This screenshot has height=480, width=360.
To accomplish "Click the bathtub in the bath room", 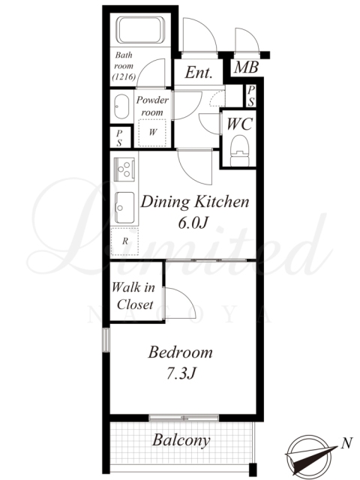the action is (x=142, y=30).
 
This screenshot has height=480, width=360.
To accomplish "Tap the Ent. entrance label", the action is (x=199, y=73).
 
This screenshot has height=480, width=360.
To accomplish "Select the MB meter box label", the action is (x=247, y=67).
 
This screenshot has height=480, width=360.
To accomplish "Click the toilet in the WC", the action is (x=240, y=150).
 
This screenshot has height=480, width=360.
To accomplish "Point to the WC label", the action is (x=240, y=124).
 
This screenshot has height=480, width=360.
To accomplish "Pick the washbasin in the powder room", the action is (x=121, y=106).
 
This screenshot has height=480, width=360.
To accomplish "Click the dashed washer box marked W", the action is (x=152, y=132).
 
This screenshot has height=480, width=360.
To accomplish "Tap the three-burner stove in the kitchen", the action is (x=124, y=169).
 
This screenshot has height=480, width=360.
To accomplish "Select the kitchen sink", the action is (x=124, y=208).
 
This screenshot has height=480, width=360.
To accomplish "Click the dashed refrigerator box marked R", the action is (x=125, y=241).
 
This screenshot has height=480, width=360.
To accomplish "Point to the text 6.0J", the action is (x=193, y=223).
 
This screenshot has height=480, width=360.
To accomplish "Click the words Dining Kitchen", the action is (x=195, y=202).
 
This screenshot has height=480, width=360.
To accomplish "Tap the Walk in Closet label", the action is (x=133, y=295).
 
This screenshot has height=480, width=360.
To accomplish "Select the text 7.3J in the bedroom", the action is (x=181, y=373).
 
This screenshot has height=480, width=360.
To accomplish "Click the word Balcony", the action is (x=181, y=440).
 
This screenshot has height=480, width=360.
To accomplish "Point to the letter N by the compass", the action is (x=346, y=442).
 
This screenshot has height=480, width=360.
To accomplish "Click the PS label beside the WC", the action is (x=250, y=96).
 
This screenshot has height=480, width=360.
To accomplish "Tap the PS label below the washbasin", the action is (x=119, y=138).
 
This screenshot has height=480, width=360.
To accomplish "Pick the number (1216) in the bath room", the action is (x=124, y=76).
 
